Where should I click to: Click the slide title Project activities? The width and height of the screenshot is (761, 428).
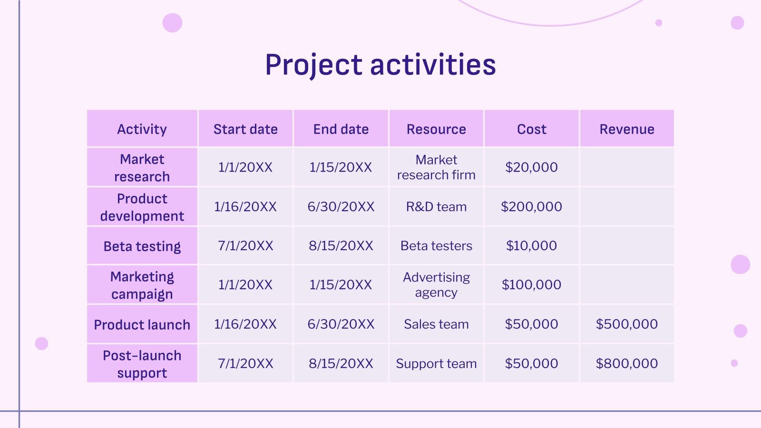[380, 65]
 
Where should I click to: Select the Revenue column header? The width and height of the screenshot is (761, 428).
[626, 129]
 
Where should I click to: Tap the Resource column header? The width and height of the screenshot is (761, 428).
[436, 129]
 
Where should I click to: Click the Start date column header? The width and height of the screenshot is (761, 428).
[245, 129]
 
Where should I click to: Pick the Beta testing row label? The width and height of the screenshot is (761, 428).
[142, 246]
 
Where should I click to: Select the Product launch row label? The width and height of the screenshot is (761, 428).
[142, 324]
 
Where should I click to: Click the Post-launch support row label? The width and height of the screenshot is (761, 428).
[142, 364]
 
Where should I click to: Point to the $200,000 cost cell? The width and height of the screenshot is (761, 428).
[531, 206]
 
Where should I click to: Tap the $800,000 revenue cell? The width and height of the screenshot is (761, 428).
[626, 363]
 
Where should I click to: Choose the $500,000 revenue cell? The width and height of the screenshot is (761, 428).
[626, 324]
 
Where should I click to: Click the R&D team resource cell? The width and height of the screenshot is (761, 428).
[436, 206]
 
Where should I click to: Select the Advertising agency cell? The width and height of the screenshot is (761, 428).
[436, 284]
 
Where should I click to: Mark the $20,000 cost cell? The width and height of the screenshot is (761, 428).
[531, 167]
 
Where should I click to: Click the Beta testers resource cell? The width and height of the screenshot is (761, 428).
[436, 245]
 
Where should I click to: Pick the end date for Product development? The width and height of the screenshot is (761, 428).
[341, 206]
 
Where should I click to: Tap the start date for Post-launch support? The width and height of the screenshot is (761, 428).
[245, 363]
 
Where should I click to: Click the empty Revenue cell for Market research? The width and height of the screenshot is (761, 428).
[626, 167]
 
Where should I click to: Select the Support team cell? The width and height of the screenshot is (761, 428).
[436, 363]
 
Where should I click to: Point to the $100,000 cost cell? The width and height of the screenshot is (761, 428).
[531, 284]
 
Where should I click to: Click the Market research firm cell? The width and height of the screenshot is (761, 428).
[436, 167]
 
